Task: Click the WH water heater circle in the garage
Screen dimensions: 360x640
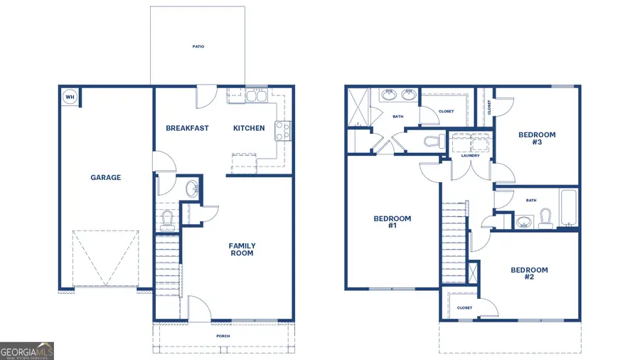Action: [70, 97]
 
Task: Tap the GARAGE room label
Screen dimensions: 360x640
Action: [105, 178]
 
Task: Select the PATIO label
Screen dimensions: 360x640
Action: [198, 47]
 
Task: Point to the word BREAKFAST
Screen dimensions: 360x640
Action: [187, 128]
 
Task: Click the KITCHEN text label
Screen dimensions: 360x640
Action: [249, 128]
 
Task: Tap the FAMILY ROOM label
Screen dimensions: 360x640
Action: [242, 250]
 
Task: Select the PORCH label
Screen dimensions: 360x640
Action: [223, 336]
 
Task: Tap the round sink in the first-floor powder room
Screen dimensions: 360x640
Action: [191, 189]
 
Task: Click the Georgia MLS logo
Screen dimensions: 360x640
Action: [27, 351]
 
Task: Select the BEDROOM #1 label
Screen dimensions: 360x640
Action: [392, 222]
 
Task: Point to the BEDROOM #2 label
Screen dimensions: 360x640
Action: [529, 273]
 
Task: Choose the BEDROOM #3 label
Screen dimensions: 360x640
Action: [537, 138]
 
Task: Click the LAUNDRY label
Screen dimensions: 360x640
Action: [470, 155]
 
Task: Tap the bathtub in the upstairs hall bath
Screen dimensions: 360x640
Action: [569, 207]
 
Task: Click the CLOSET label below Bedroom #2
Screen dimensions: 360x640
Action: [464, 307]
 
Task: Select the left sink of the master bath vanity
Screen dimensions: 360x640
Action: [390, 94]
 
